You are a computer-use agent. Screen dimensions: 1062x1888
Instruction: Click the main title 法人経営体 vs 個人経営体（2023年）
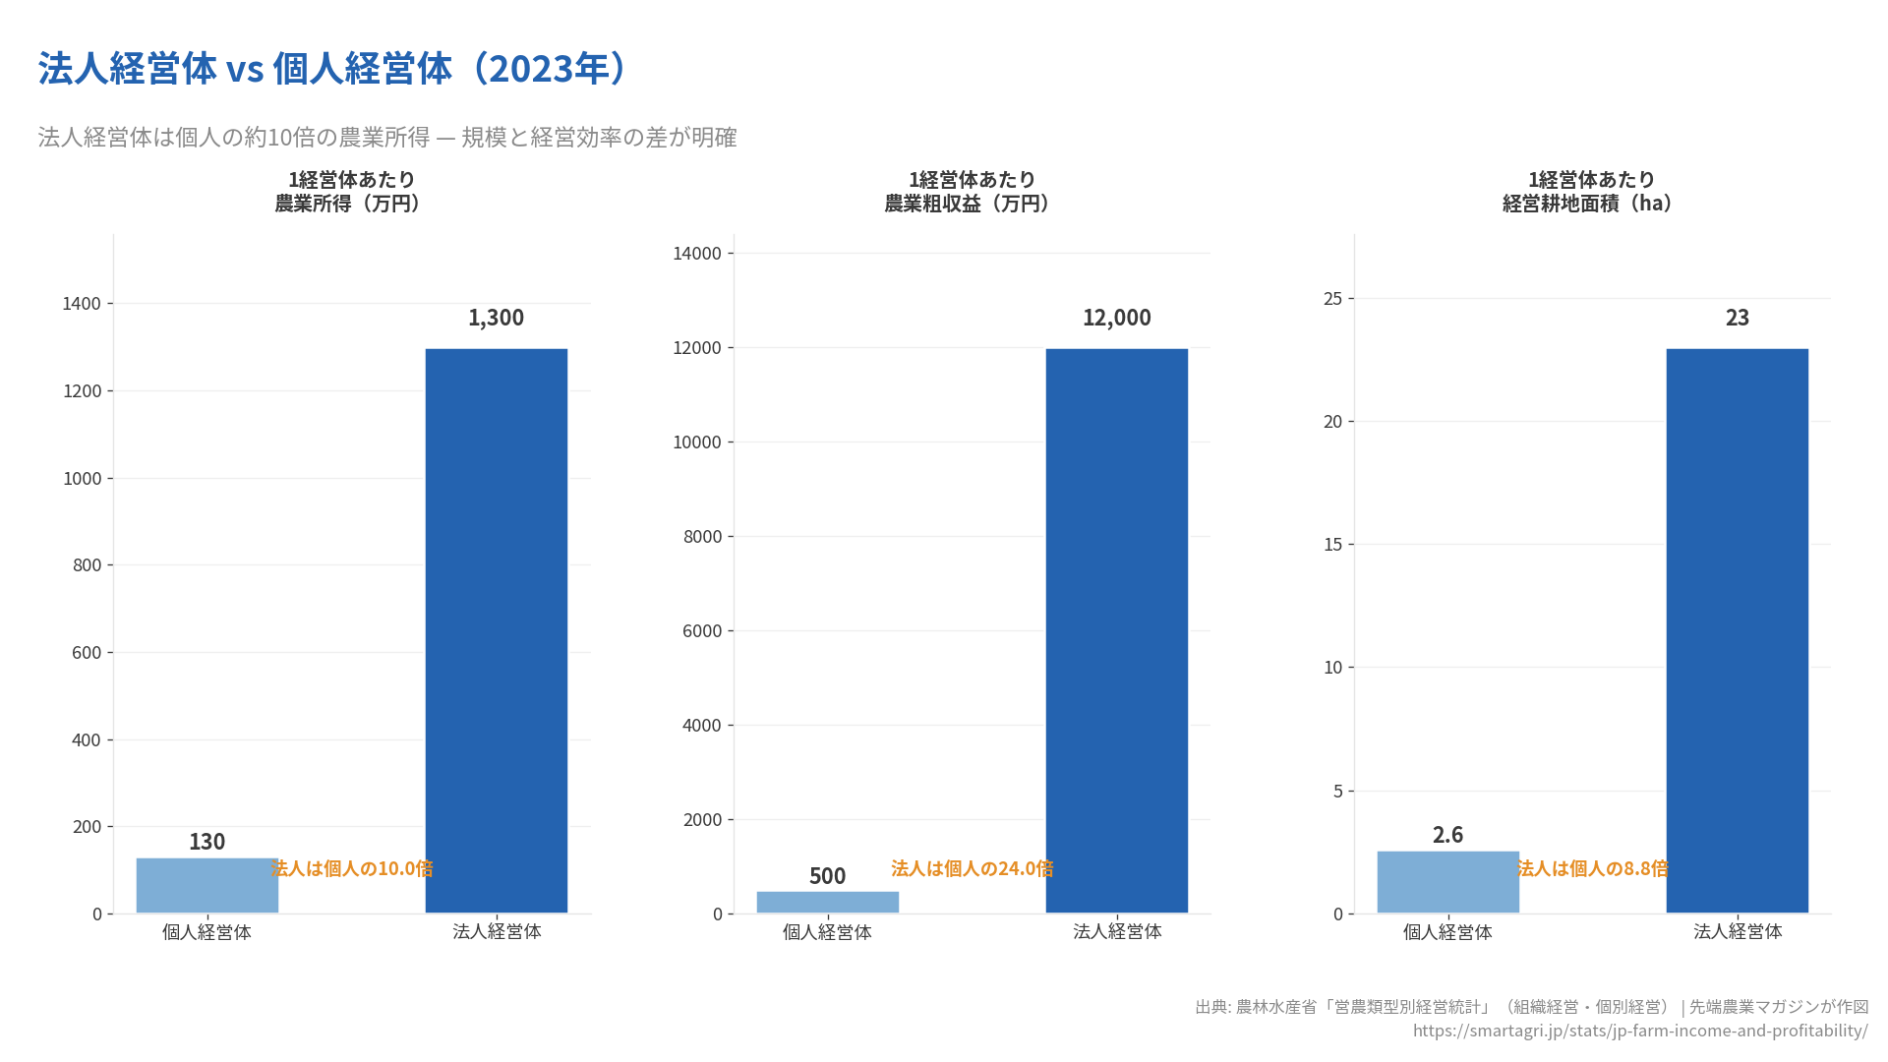click(331, 69)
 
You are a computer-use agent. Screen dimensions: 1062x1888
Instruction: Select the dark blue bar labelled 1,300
click(496, 629)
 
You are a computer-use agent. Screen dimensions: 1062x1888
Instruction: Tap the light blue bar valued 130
click(206, 885)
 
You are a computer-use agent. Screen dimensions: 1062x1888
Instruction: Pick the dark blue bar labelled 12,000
click(1116, 629)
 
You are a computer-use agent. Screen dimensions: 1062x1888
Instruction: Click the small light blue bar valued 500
click(827, 902)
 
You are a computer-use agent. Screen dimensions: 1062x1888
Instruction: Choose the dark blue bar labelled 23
click(1737, 629)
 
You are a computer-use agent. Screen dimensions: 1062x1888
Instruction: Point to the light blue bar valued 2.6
click(1447, 882)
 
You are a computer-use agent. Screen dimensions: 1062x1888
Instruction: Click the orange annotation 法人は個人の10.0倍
click(352, 868)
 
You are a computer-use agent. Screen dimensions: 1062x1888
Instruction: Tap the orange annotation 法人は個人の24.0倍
click(972, 868)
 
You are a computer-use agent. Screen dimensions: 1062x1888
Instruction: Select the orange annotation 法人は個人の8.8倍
click(1592, 868)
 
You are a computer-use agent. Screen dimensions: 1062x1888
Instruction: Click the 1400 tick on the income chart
click(82, 304)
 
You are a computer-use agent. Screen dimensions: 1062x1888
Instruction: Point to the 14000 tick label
click(696, 254)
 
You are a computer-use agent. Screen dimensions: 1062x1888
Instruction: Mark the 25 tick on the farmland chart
click(1332, 299)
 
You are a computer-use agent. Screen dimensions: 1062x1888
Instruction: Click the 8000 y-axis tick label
click(702, 537)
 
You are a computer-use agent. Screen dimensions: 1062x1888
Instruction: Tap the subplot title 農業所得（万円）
click(349, 204)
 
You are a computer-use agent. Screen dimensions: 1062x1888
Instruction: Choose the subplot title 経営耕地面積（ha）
click(1589, 204)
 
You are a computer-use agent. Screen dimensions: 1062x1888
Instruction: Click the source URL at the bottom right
click(1639, 1031)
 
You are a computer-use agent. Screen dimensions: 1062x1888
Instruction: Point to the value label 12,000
click(1116, 318)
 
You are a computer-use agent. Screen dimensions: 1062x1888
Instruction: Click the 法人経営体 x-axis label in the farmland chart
click(1737, 931)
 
